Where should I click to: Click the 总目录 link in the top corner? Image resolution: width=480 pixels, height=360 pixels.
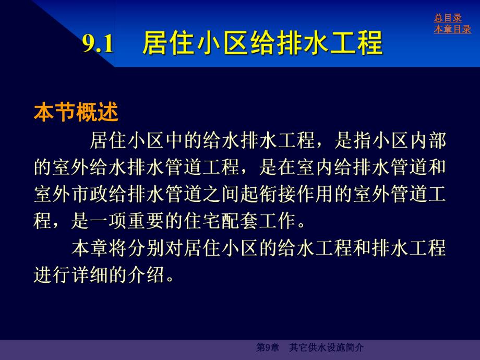[x=448, y=18]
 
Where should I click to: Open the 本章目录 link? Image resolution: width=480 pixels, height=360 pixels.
[x=452, y=29]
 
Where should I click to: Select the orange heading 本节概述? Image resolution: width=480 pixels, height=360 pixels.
[x=76, y=112]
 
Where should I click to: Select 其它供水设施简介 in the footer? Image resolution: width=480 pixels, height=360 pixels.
[x=326, y=347]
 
